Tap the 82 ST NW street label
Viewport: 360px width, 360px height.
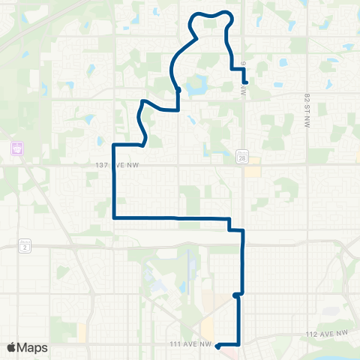point(307,111)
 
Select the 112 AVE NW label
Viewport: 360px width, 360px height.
point(328,332)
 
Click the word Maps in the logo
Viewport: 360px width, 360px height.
point(34,347)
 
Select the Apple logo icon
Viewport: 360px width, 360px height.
point(12,347)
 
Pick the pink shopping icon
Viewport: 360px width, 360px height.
point(15,148)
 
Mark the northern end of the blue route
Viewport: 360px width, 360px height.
point(244,81)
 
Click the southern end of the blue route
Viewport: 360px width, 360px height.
point(217,346)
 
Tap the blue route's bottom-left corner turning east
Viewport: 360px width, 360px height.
point(113,217)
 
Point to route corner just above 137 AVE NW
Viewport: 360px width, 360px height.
point(114,144)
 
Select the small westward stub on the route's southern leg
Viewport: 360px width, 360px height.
point(235,295)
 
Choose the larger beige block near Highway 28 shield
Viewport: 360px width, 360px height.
point(252,170)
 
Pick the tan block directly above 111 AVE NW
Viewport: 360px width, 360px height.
point(82,331)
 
